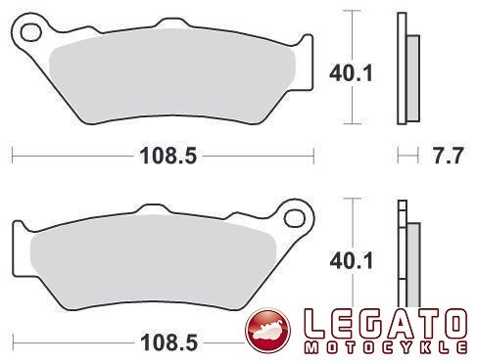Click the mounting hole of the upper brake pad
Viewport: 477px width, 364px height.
click(30, 32)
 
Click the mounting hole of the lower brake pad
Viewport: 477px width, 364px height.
click(295, 218)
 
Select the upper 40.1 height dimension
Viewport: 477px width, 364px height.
click(351, 73)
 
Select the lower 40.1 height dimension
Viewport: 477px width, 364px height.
click(351, 261)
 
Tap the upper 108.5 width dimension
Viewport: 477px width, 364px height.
click(168, 156)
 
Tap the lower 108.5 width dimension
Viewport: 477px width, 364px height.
click(168, 342)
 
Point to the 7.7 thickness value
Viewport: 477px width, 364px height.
click(448, 156)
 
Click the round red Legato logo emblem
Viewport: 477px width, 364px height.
click(267, 331)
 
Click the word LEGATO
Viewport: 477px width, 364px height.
click(385, 324)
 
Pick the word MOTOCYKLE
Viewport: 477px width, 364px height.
click(385, 347)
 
